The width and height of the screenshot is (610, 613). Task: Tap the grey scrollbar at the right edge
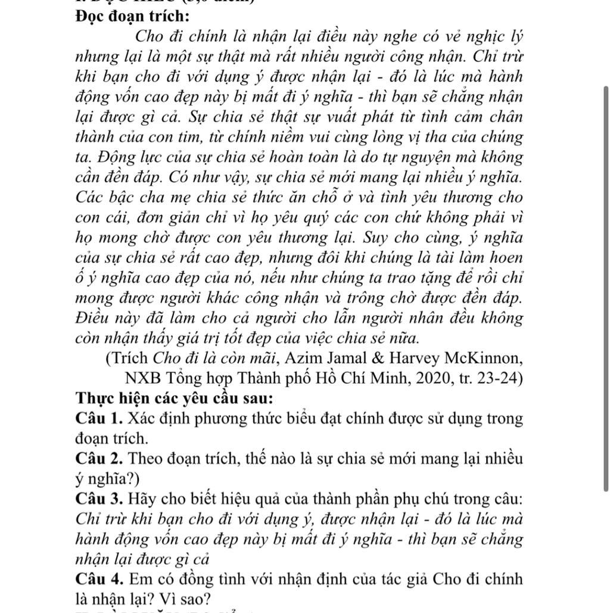pyautogui.click(x=606, y=286)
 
